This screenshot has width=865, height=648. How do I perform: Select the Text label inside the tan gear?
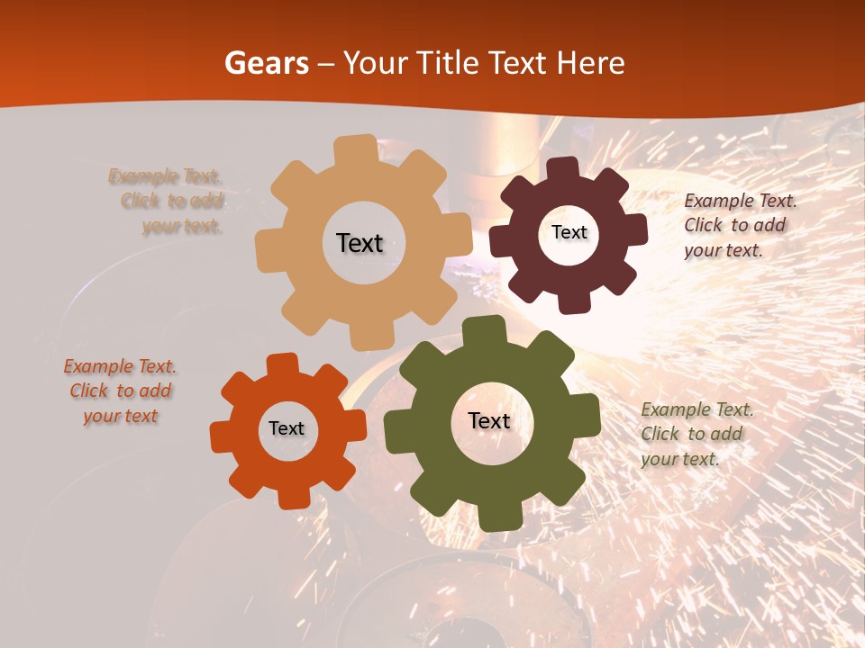pyautogui.click(x=360, y=243)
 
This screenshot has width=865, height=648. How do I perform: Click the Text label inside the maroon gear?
pyautogui.click(x=569, y=232)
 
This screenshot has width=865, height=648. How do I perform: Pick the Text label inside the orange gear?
pyautogui.click(x=287, y=428)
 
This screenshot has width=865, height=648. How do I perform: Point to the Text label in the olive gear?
pyautogui.click(x=489, y=420)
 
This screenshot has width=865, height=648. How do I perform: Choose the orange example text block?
pyautogui.click(x=121, y=391)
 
